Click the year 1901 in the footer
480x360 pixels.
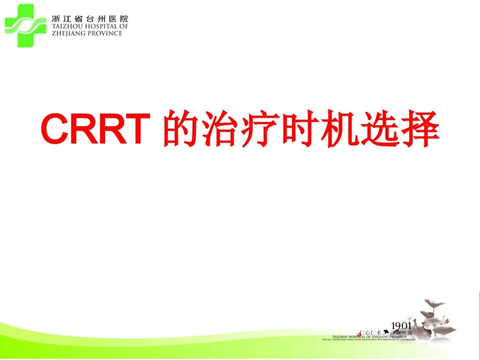(x=401, y=325)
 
